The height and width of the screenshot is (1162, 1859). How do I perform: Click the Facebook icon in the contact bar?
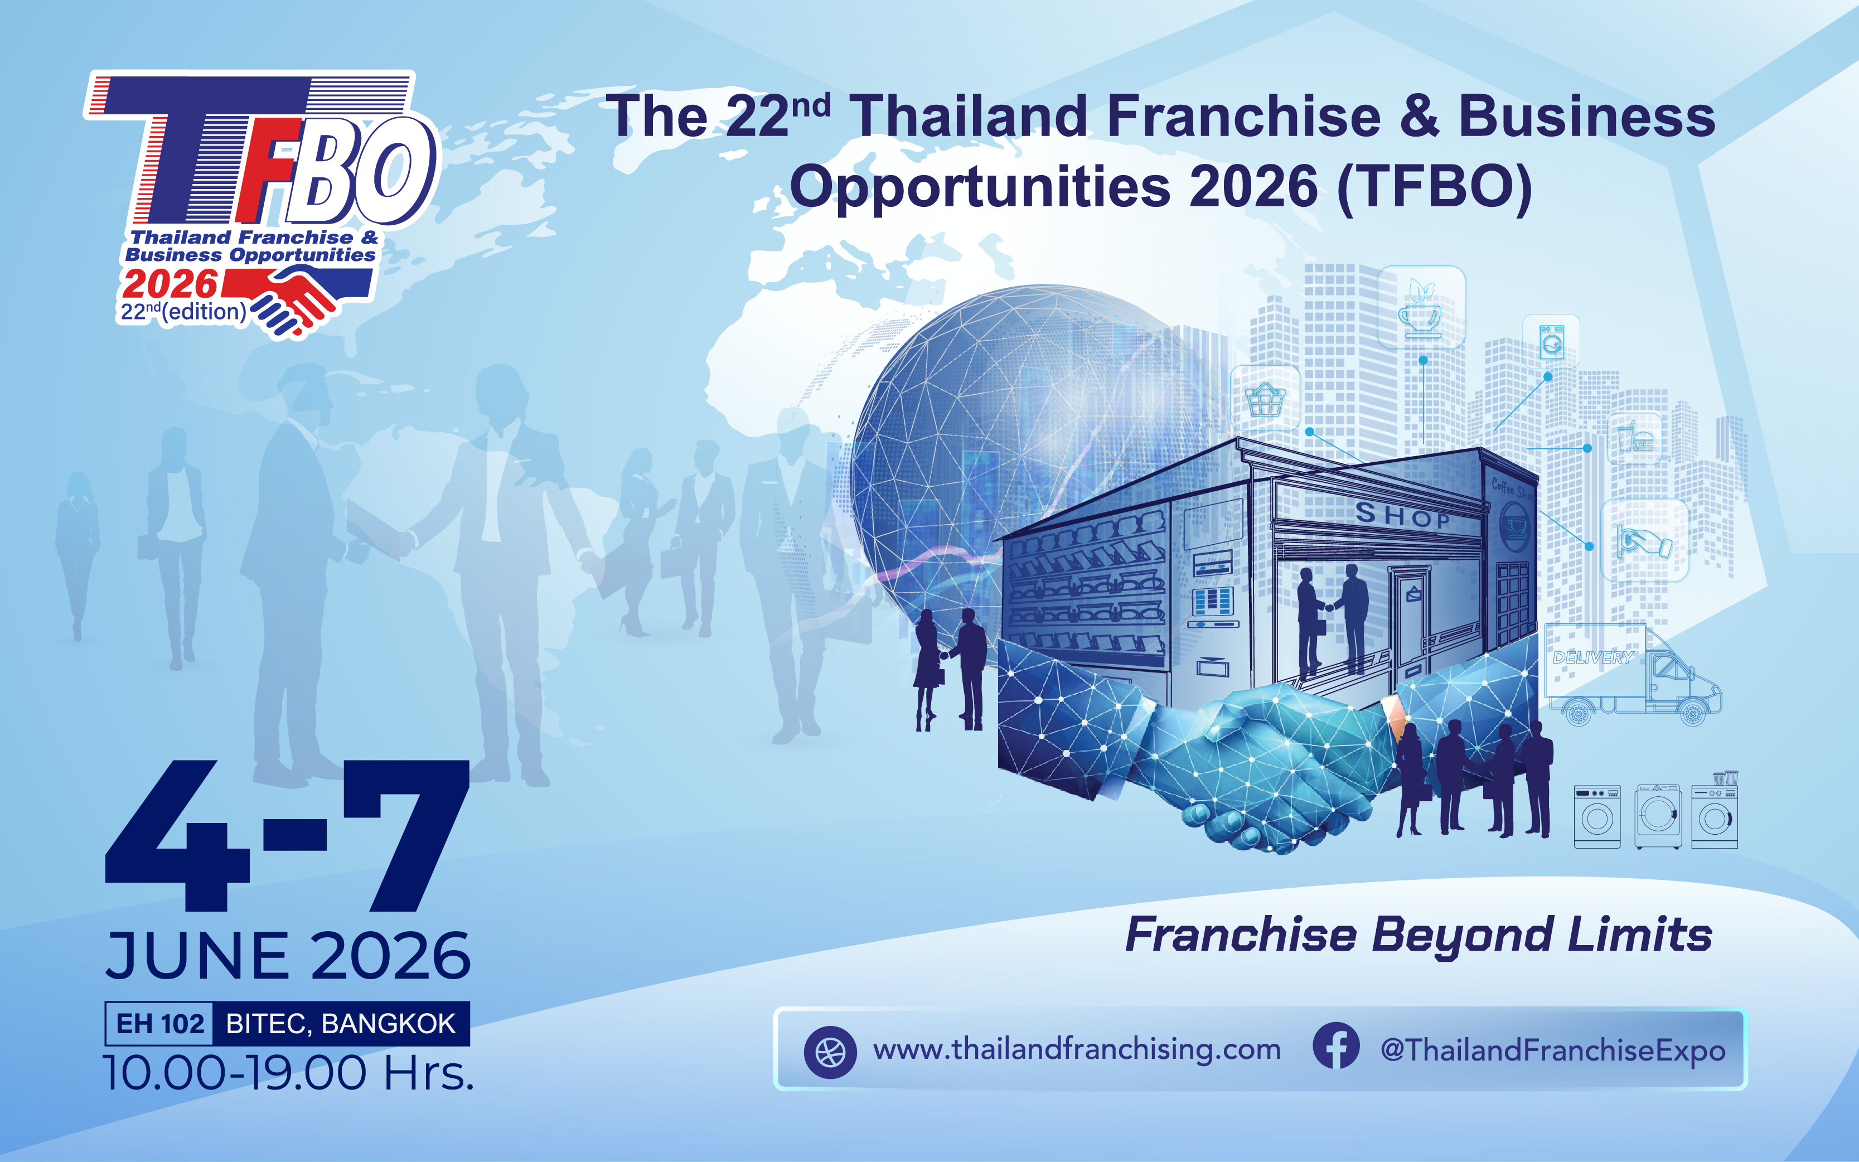click(1335, 1046)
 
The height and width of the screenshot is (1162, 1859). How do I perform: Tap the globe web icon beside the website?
click(830, 1052)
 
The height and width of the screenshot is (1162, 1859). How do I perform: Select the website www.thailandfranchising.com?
click(1077, 1050)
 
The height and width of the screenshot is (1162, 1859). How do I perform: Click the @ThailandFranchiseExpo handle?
click(1552, 1050)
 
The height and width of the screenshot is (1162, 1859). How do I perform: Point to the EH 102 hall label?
click(160, 1024)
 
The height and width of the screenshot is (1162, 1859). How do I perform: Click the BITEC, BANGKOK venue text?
click(341, 1024)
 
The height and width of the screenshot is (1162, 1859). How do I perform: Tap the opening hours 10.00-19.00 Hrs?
click(288, 1073)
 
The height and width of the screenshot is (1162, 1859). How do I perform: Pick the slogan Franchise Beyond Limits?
click(1419, 935)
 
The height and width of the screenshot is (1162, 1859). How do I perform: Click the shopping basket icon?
click(1265, 399)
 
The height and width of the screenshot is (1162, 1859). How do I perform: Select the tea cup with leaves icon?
click(1421, 307)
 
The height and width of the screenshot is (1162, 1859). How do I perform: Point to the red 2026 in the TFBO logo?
click(170, 284)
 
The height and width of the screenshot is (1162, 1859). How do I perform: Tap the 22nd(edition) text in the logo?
click(183, 311)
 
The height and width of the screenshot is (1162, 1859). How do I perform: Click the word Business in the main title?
click(1586, 117)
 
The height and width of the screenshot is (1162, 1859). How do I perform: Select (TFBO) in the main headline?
click(1435, 187)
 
